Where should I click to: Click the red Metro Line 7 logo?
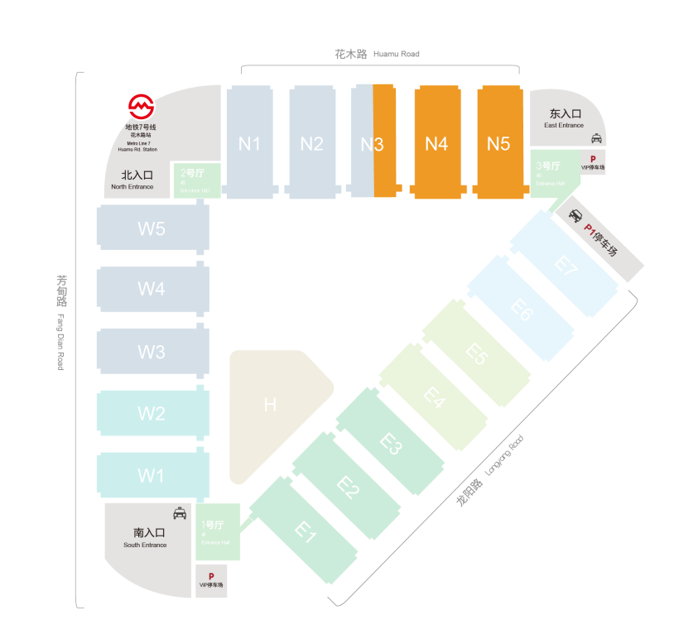tap(141, 107)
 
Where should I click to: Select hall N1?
tap(249, 142)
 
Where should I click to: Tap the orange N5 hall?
tap(498, 142)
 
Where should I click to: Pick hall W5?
tap(152, 228)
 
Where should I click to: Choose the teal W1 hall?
tap(152, 475)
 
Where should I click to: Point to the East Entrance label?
tap(565, 118)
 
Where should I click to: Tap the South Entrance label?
tap(146, 537)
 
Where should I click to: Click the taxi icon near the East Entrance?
tap(596, 139)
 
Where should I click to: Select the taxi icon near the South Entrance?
tap(180, 513)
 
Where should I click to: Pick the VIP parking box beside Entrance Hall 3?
tap(593, 161)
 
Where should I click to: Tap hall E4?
tap(434, 396)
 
